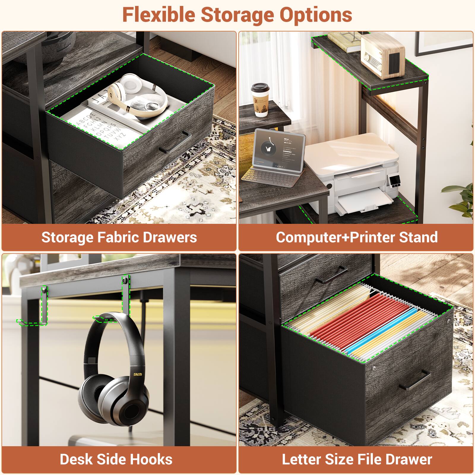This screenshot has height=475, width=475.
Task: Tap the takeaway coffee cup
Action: click(x=260, y=99)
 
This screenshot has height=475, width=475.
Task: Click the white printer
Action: click(x=353, y=169)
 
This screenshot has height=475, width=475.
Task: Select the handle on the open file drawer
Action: click(x=415, y=381)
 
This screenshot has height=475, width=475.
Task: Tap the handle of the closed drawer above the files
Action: click(x=331, y=275)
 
